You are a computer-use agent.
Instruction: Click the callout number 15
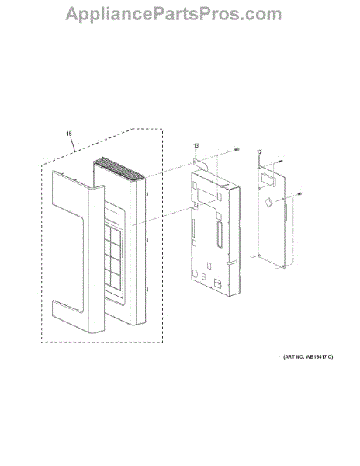pos(69,134)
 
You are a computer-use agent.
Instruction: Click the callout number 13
pos(196,146)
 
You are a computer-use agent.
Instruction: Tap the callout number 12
pos(259,152)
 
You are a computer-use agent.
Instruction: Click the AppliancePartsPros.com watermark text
pos(173,14)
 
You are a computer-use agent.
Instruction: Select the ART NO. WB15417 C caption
pos(308,356)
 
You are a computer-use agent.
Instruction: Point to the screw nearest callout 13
pos(237,149)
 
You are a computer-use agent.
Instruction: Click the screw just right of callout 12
pos(280,161)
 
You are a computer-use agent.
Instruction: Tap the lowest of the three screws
pos(299,194)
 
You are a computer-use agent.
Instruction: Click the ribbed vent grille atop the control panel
pos(119,169)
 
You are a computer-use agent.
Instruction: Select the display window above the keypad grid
pos(112,214)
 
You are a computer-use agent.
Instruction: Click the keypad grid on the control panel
pos(112,258)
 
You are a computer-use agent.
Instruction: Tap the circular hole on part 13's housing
pos(195,273)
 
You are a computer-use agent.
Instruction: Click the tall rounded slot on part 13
pos(220,235)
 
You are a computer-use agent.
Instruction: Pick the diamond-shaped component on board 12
pos(268,203)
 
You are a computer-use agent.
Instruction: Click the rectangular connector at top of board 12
pos(268,179)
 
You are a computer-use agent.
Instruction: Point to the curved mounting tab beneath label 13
pos(200,163)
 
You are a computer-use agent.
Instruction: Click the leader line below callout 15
pos(73,144)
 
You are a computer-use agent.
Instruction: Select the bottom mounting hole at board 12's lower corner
pos(284,267)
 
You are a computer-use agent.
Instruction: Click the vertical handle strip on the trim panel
pos(96,259)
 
